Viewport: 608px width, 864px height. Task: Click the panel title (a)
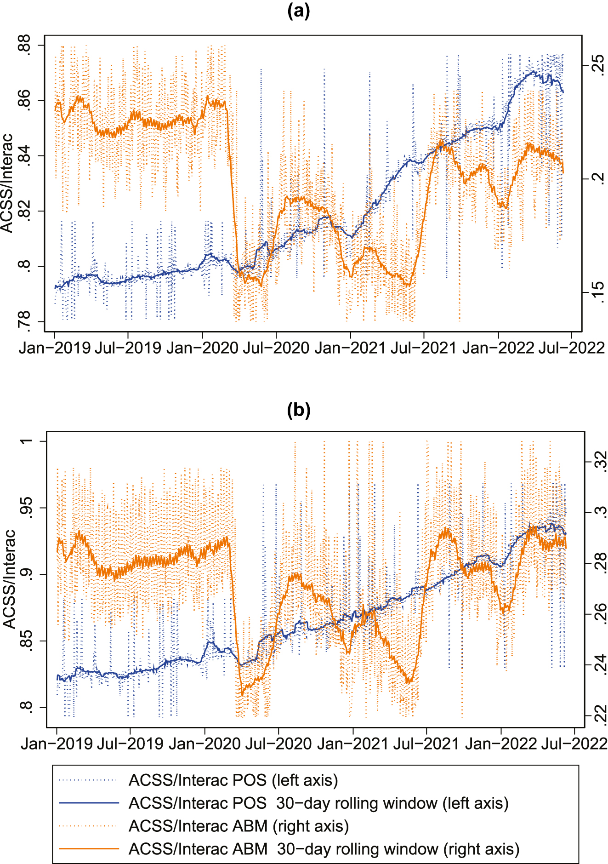point(298,10)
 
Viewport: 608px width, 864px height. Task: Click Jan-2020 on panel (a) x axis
point(203,348)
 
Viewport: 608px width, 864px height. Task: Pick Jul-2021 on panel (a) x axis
point(423,348)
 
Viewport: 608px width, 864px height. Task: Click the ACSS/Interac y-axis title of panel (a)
point(7,183)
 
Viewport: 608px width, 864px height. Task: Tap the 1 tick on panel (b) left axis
point(27,441)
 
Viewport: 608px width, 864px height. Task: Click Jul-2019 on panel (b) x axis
point(130,744)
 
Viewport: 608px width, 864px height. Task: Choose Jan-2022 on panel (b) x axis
point(501,744)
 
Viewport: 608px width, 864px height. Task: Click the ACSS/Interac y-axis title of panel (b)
point(9,579)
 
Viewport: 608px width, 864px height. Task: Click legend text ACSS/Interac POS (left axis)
point(233,780)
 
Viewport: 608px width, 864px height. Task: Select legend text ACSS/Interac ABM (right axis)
point(239,826)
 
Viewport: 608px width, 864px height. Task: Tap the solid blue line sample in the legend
point(89,803)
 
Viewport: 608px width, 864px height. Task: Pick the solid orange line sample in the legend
point(89,849)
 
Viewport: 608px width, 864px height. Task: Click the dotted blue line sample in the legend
point(89,780)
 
